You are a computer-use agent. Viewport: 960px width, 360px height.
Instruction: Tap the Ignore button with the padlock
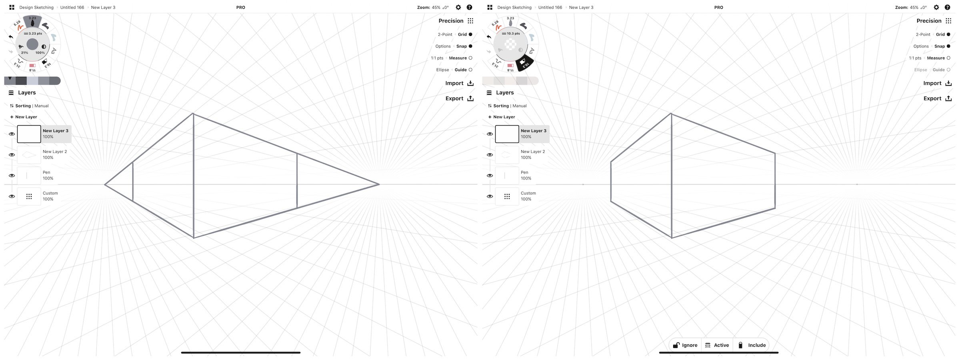click(685, 345)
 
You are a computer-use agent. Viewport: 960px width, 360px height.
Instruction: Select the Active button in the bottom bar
click(717, 345)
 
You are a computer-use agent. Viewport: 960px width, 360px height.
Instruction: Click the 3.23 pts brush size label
click(35, 34)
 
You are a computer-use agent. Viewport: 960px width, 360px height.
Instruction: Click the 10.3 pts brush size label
click(513, 34)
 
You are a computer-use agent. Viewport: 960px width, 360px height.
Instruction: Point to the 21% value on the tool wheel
click(24, 53)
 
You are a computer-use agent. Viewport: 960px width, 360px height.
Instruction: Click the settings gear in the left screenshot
click(458, 7)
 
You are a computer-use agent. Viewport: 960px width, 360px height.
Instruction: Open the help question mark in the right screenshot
click(948, 7)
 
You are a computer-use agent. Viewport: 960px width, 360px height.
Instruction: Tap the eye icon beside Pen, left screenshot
click(12, 176)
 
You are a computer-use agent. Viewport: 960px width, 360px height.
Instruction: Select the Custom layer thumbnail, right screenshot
click(507, 196)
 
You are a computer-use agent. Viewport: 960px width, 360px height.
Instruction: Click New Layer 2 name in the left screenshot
click(55, 152)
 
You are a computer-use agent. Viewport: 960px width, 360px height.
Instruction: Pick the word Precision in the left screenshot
click(451, 21)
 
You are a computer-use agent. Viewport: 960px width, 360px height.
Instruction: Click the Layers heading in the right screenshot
click(505, 93)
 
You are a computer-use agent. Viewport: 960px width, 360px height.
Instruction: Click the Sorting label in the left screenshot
click(23, 106)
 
